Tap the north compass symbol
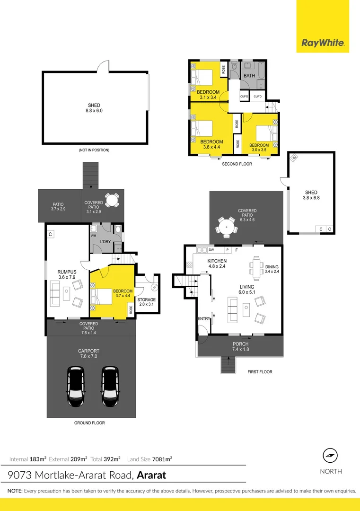pos(330,456)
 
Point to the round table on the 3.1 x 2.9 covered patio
pos(112,201)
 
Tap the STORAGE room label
pos(146,300)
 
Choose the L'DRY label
pos(105,242)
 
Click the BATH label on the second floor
pos(249,76)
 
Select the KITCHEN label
pos(217,261)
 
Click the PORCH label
pos(240,344)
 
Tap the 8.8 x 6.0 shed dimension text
pos(94,111)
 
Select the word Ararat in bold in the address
pos(151,475)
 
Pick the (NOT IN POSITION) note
pos(94,150)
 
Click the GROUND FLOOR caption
pos(89,423)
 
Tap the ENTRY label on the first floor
pos(203,318)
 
